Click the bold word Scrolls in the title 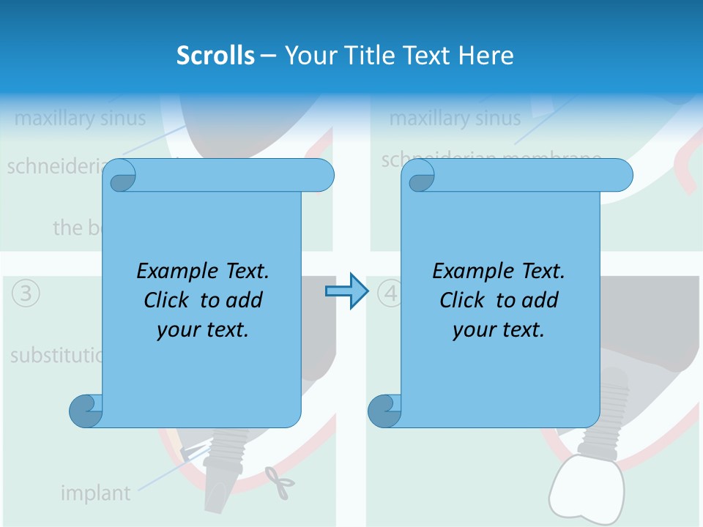[x=216, y=56]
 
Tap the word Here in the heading [x=486, y=56]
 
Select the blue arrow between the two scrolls [x=345, y=291]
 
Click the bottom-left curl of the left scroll [x=86, y=410]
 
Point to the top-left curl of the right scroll [x=419, y=176]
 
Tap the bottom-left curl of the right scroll [x=385, y=410]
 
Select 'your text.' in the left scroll [x=203, y=330]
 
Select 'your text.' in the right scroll [x=499, y=330]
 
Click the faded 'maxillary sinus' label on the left [x=80, y=118]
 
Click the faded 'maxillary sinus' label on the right [x=455, y=118]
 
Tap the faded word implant [x=95, y=493]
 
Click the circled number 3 [x=26, y=294]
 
